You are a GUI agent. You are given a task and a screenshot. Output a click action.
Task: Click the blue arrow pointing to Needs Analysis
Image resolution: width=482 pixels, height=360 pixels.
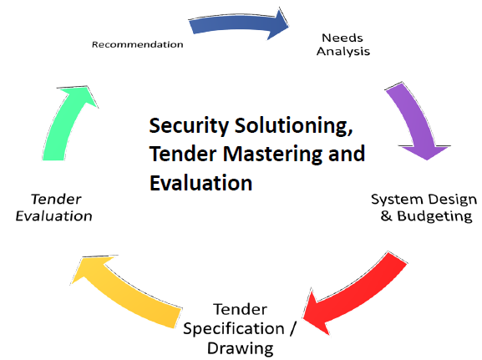point(236,23)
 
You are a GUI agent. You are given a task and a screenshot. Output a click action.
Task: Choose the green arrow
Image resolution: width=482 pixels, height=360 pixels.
point(66,123)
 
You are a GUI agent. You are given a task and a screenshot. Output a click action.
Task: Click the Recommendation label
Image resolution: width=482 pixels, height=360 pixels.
point(137,44)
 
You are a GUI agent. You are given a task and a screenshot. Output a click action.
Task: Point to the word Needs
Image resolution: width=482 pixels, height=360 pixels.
point(342,38)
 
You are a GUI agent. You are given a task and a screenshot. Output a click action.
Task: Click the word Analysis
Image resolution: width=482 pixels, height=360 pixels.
point(343,51)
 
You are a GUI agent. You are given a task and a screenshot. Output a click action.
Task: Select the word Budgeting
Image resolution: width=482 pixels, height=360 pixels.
point(434,216)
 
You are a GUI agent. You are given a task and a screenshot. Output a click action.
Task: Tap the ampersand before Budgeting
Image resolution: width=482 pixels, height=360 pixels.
point(387,215)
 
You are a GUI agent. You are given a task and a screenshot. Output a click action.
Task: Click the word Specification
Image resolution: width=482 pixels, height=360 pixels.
point(234,328)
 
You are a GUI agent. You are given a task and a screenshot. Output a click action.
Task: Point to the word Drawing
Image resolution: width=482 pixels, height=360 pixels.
point(240,348)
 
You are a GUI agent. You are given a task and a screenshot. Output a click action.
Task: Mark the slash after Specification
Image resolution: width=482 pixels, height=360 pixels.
point(292,328)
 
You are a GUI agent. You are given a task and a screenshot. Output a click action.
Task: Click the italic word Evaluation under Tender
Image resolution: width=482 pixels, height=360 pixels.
point(53,215)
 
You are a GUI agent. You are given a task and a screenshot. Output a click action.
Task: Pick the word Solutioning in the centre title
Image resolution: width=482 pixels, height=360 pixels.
point(293,126)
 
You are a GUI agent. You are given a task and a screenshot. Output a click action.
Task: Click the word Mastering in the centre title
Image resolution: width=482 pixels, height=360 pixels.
point(272,154)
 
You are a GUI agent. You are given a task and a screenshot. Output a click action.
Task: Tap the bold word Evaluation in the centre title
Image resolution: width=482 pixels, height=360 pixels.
point(201,183)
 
